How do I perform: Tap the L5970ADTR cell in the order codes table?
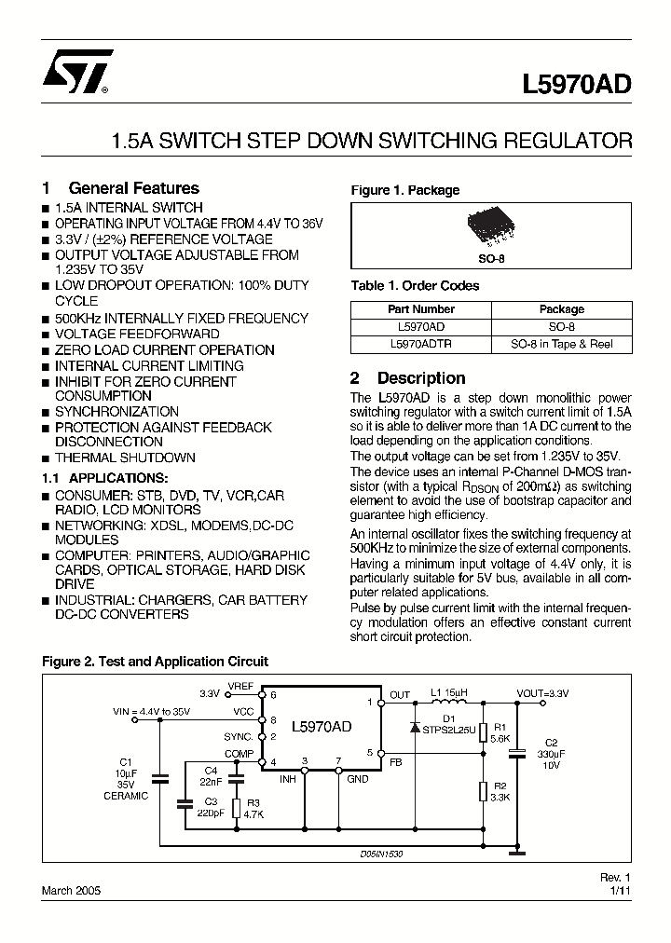[x=420, y=344]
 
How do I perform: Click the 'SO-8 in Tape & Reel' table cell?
[x=561, y=344]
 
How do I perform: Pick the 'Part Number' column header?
[x=420, y=309]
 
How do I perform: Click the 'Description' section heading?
[x=420, y=378]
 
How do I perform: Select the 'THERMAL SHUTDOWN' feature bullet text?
[x=125, y=458]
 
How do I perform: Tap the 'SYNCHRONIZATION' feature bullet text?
[x=116, y=411]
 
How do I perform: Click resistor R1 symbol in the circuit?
[x=483, y=731]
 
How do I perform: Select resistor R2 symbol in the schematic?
[x=483, y=791]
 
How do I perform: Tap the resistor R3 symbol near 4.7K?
[x=237, y=807]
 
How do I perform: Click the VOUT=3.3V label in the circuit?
[x=543, y=693]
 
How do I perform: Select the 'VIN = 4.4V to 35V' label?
[x=152, y=711]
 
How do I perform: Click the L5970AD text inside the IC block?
[x=322, y=727]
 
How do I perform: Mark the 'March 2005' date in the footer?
[x=71, y=890]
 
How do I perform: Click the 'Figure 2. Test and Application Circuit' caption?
[x=155, y=662]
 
